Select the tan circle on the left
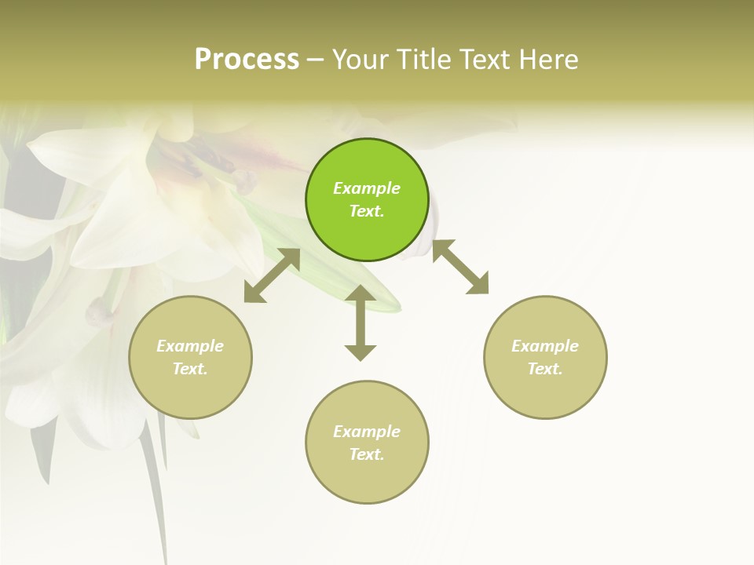(x=190, y=357)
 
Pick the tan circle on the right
(x=545, y=357)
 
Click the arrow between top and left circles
(x=273, y=275)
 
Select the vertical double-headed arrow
(x=361, y=323)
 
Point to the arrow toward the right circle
(x=461, y=267)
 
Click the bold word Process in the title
(x=247, y=59)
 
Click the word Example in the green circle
(x=367, y=188)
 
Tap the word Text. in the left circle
(x=190, y=369)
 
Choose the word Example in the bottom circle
(x=367, y=432)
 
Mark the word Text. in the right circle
(x=545, y=369)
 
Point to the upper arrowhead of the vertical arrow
(x=361, y=293)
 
